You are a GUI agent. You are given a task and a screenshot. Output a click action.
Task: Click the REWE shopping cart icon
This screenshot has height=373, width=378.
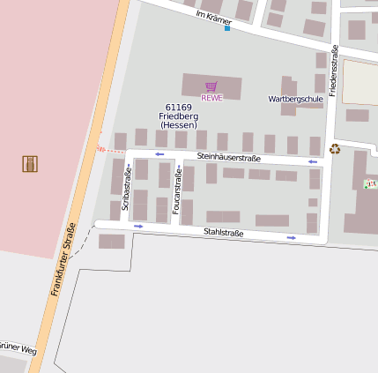[x=211, y=86]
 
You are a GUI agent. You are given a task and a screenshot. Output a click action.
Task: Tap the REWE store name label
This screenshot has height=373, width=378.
[x=211, y=98]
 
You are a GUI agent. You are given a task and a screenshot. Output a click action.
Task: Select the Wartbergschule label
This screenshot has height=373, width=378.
[x=295, y=99]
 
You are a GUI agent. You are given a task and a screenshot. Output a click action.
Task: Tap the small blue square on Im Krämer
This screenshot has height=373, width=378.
[x=226, y=28]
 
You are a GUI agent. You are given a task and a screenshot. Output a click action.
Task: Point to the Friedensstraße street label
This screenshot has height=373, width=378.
[x=334, y=71]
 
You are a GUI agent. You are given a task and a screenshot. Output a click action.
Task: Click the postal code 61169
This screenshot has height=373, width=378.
[x=179, y=107]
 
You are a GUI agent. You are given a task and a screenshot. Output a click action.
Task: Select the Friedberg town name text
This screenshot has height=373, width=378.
[x=179, y=116]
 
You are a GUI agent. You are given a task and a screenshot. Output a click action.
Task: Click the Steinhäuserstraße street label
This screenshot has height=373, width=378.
[x=229, y=157]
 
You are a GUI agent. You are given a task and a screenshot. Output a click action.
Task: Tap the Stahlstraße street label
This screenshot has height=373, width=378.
[x=223, y=232]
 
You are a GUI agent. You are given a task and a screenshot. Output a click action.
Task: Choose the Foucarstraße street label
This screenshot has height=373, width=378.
[x=178, y=189]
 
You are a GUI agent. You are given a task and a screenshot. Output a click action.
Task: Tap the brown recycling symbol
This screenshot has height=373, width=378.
[x=335, y=149]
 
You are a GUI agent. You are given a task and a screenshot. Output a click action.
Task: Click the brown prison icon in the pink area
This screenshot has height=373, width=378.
[x=30, y=163]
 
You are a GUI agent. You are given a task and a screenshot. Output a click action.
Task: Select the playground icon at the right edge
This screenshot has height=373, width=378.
[x=368, y=183]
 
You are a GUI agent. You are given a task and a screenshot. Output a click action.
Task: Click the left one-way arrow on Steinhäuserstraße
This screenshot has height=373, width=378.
[x=159, y=154]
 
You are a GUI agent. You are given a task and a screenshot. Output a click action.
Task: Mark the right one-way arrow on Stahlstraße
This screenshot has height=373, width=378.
[x=291, y=237]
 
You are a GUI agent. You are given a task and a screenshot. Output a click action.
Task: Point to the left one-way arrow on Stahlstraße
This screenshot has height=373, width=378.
[x=138, y=227]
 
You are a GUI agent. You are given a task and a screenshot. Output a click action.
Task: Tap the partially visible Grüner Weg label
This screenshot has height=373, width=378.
[x=18, y=347]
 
